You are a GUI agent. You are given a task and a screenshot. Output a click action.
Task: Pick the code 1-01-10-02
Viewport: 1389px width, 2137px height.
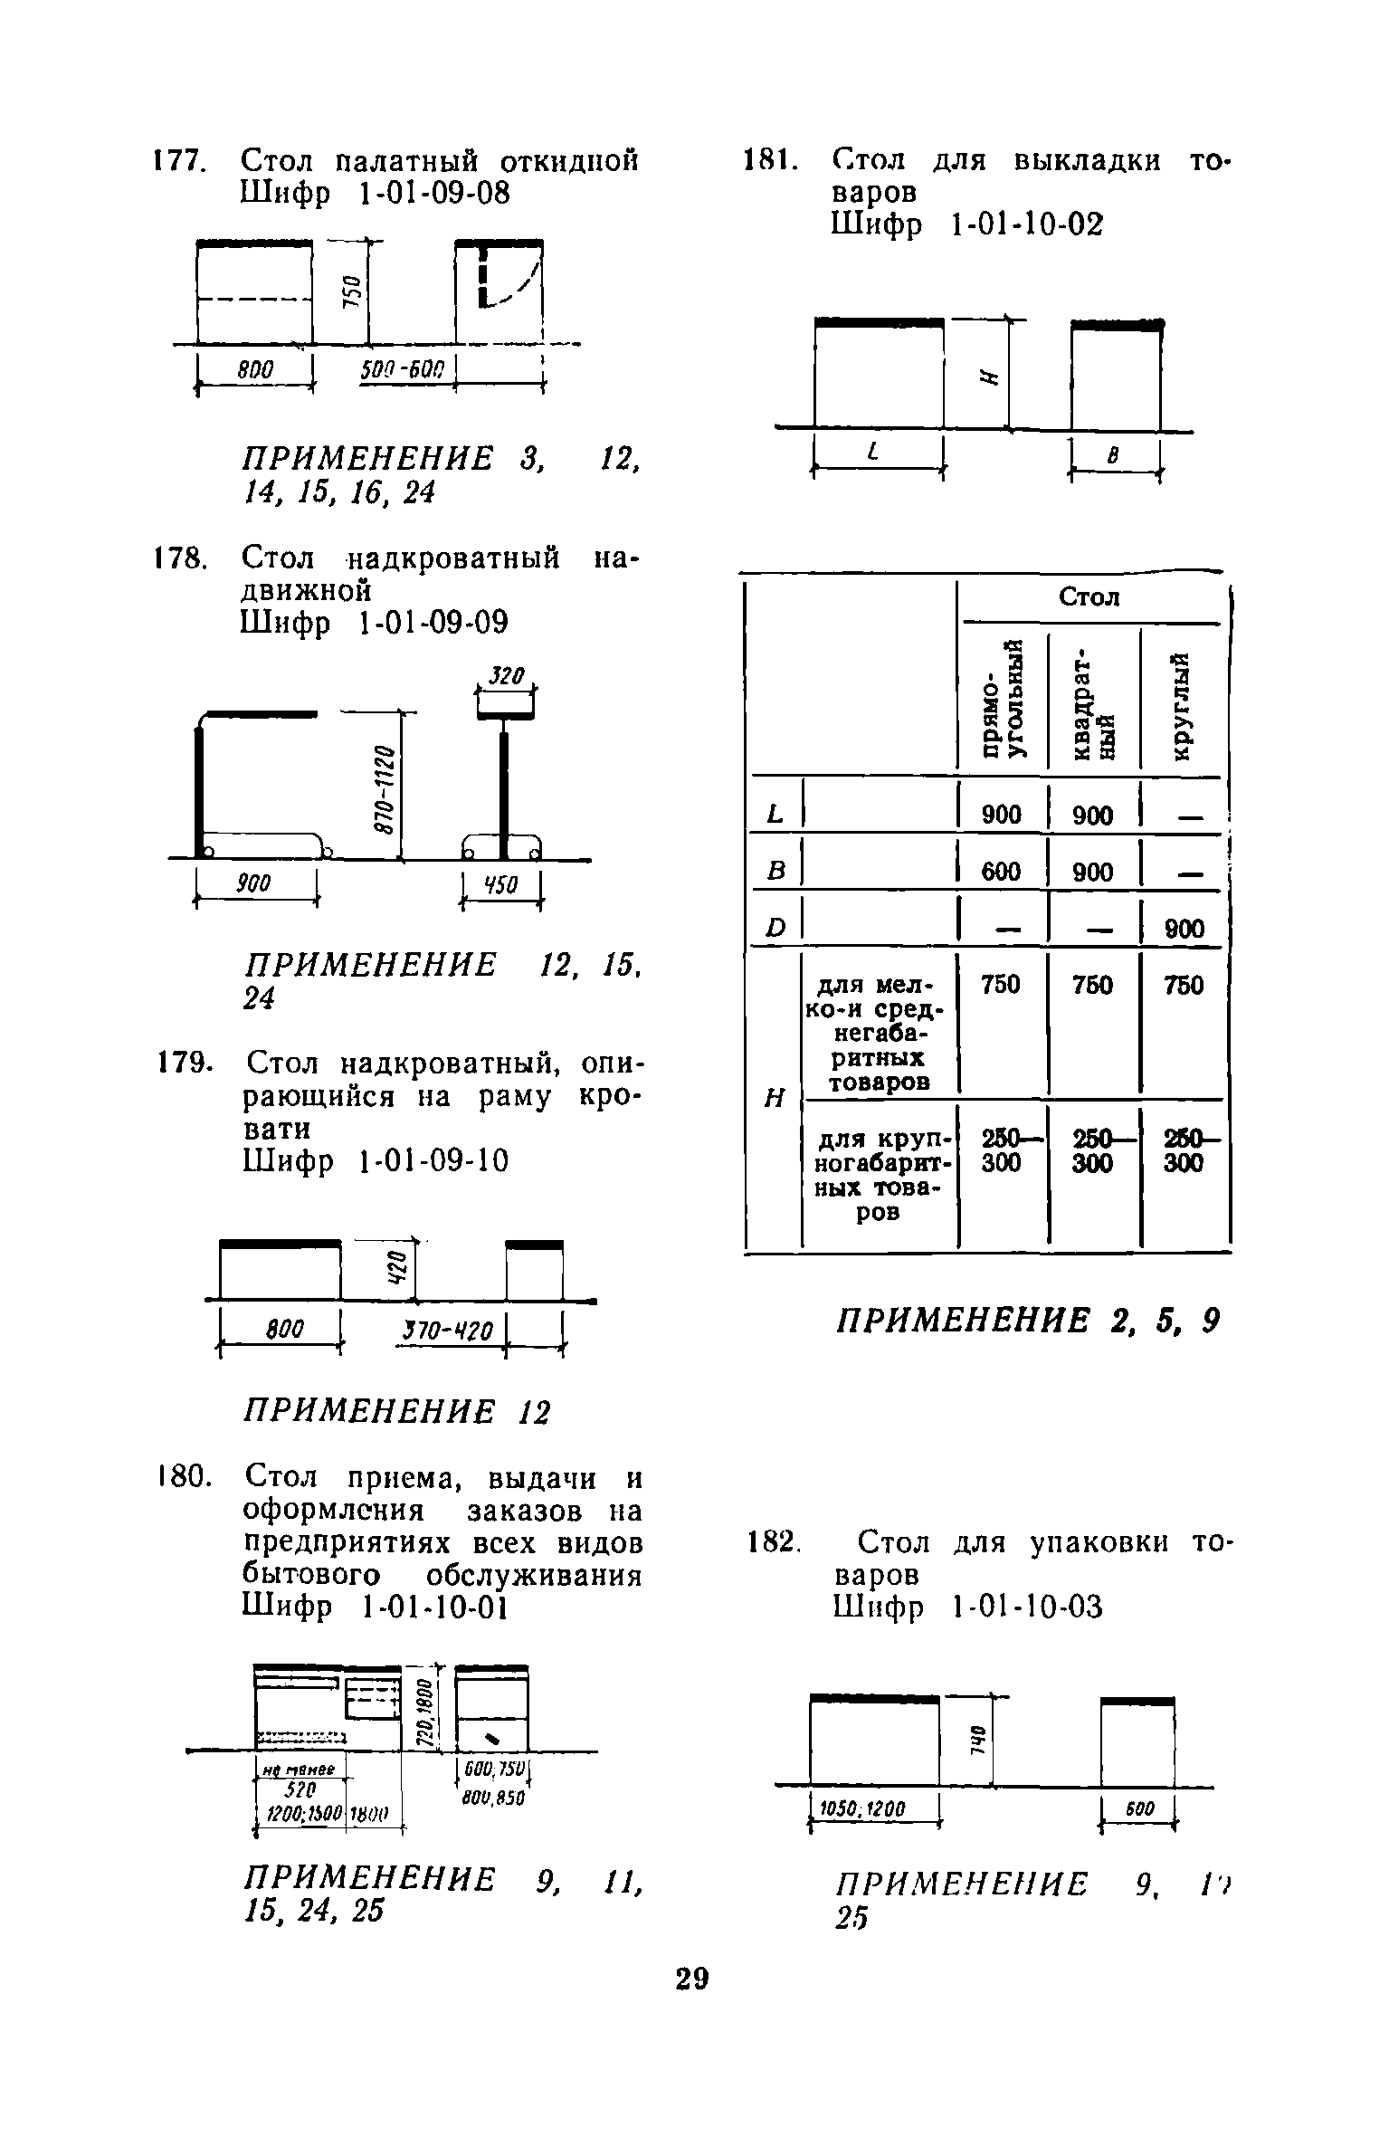tap(1027, 224)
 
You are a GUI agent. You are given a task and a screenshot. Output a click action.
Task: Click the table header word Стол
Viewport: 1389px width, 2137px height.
tap(1089, 597)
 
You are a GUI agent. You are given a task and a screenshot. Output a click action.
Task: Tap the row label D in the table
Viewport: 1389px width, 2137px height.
tap(774, 929)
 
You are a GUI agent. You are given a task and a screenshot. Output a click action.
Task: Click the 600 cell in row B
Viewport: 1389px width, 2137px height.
tap(1001, 873)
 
